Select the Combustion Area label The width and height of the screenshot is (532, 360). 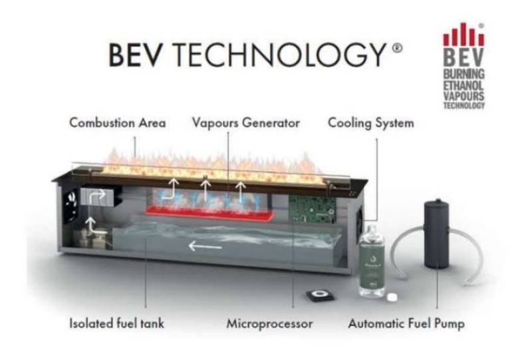(118, 123)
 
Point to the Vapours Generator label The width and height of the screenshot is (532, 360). (246, 123)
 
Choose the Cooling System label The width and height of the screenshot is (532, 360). (371, 123)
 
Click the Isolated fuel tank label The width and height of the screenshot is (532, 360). (117, 325)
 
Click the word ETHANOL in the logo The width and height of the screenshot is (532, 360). (464, 85)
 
